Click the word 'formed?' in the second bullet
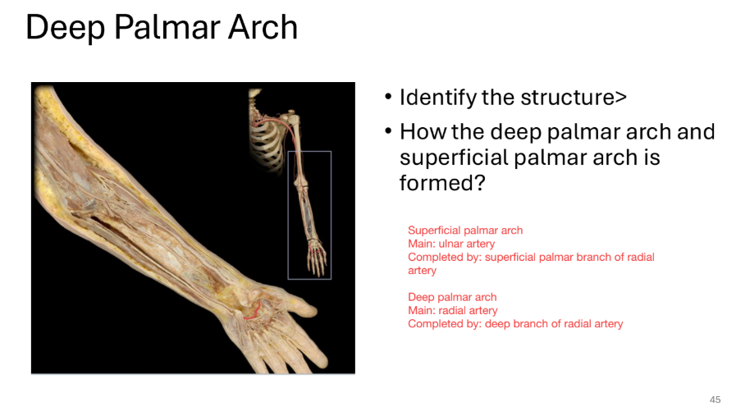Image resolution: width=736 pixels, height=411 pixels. pyautogui.click(x=437, y=182)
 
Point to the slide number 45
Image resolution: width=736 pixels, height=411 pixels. pyautogui.click(x=715, y=400)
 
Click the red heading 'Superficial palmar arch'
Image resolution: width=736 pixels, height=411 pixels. pyautogui.click(x=465, y=231)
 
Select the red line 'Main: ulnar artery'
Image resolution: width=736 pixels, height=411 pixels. pyautogui.click(x=451, y=244)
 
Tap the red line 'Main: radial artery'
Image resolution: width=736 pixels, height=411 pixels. pyautogui.click(x=452, y=310)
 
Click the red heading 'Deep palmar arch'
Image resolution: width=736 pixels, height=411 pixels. pyautogui.click(x=452, y=297)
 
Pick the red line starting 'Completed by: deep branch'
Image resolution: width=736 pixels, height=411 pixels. pyautogui.click(x=515, y=324)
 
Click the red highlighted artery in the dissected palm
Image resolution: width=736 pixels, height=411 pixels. pyautogui.click(x=254, y=309)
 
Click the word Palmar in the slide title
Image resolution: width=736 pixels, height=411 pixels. pyautogui.click(x=162, y=28)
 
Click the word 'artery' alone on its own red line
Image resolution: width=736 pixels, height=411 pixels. pyautogui.click(x=422, y=270)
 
